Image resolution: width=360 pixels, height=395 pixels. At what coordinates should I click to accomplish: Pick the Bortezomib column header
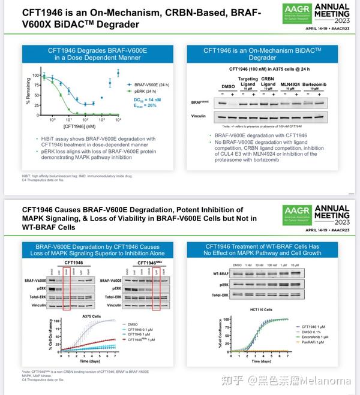pos(315,85)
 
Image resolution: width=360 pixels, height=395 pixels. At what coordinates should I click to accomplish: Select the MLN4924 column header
pos(291,85)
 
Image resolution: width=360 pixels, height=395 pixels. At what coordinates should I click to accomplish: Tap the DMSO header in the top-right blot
pos(228,87)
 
